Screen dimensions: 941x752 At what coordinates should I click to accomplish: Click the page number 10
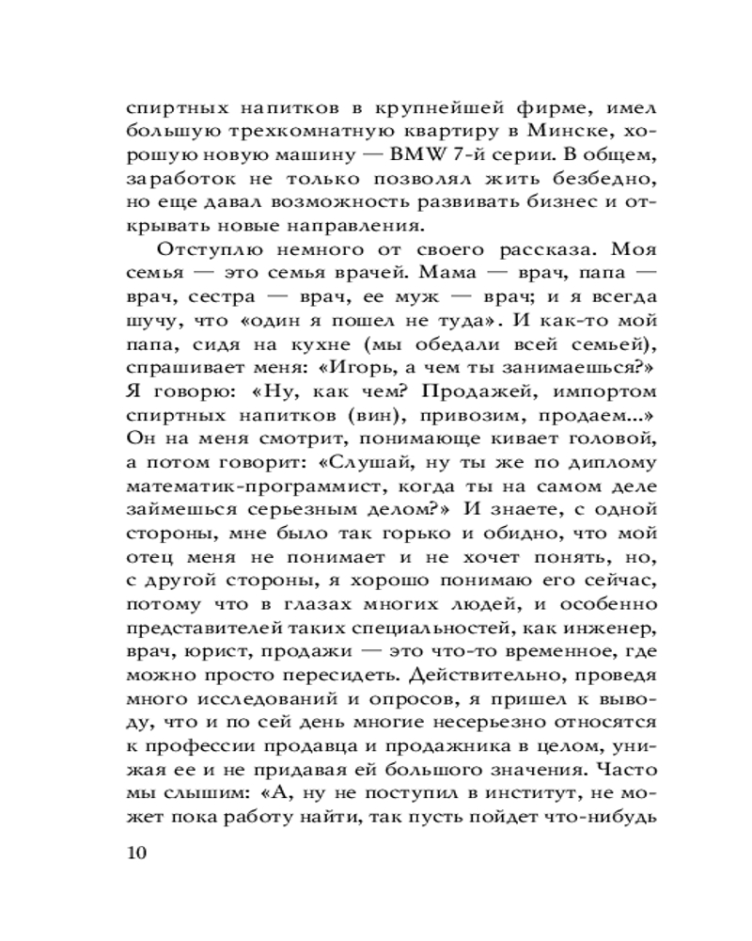(x=136, y=854)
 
